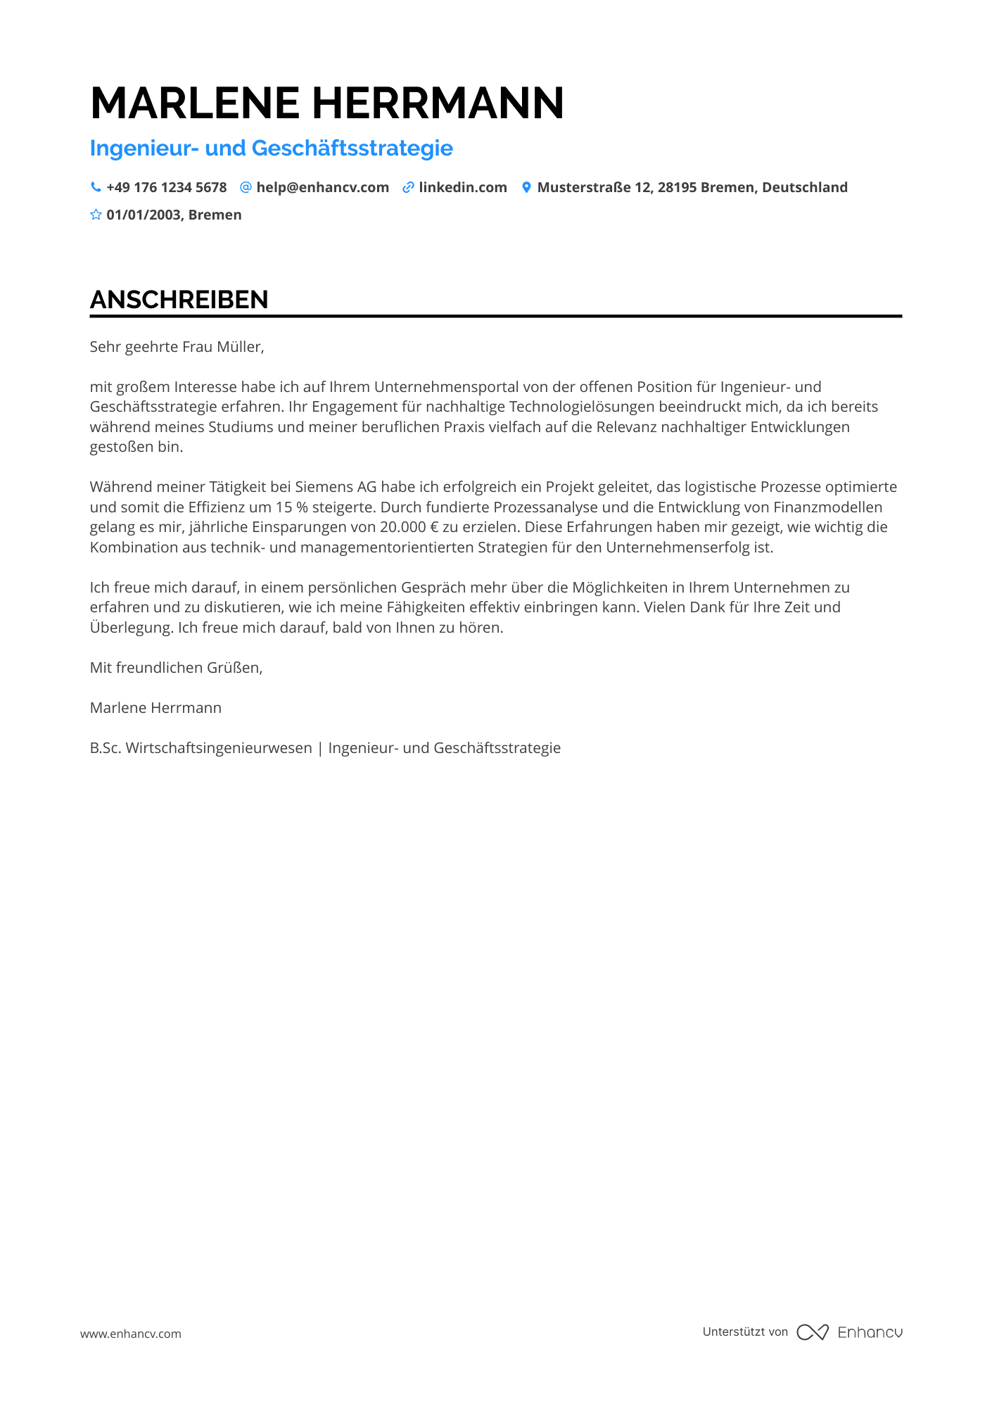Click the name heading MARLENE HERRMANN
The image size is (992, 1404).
click(327, 103)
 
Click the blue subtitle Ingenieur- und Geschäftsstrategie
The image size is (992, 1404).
click(271, 148)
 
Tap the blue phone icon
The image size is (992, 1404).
click(96, 187)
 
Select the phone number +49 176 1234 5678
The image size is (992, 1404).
click(167, 188)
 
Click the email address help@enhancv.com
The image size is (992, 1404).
click(322, 188)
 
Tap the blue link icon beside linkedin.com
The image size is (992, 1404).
click(408, 188)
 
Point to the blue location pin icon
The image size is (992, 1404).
click(526, 187)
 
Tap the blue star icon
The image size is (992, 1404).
click(96, 215)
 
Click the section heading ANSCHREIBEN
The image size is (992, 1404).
click(179, 300)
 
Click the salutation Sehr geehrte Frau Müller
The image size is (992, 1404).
click(177, 347)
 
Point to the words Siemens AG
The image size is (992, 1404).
click(336, 487)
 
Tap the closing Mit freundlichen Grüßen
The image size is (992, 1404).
click(176, 668)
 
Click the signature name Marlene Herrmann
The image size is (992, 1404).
click(155, 708)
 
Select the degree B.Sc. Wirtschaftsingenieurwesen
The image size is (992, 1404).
click(201, 748)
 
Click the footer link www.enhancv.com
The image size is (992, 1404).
click(131, 1334)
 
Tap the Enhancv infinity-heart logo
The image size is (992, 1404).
click(813, 1332)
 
